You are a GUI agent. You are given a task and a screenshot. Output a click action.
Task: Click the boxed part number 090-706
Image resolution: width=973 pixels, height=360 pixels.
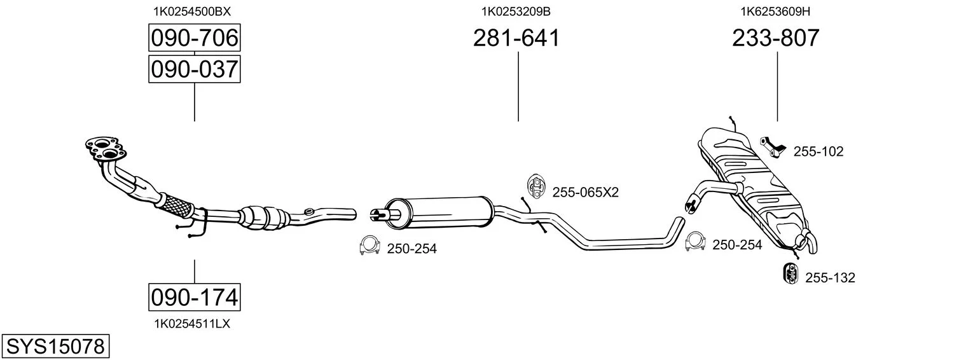pyautogui.click(x=194, y=38)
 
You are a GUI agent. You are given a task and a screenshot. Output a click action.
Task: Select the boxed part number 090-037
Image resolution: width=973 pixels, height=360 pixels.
pyautogui.click(x=194, y=69)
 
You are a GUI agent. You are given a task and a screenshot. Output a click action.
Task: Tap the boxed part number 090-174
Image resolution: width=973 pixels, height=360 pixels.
pyautogui.click(x=194, y=298)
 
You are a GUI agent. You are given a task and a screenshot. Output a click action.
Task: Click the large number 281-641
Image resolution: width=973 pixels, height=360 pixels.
pyautogui.click(x=516, y=38)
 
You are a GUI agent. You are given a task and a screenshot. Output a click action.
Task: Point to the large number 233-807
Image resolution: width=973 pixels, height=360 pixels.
pyautogui.click(x=776, y=38)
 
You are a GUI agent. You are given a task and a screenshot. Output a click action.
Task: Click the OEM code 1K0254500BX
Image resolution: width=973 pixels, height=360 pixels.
pyautogui.click(x=192, y=11)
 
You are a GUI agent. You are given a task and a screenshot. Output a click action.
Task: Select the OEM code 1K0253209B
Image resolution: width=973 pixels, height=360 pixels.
pyautogui.click(x=516, y=11)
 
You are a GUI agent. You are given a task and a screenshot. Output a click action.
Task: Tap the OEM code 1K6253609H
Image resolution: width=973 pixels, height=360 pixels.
pyautogui.click(x=775, y=11)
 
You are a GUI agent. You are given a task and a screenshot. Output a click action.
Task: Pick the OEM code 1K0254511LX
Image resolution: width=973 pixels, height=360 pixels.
pyautogui.click(x=192, y=324)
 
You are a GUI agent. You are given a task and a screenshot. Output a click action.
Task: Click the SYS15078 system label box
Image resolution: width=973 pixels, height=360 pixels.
pyautogui.click(x=55, y=347)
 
